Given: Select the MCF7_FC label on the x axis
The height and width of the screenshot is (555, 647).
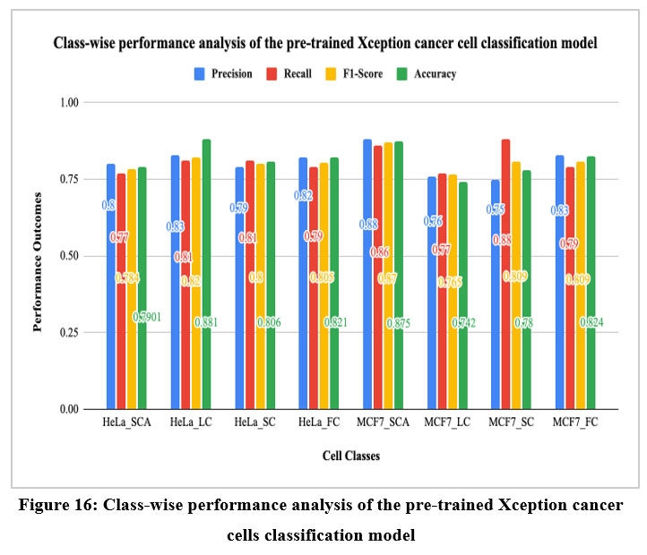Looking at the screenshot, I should [575, 422].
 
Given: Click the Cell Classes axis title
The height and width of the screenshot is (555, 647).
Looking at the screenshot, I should [350, 456].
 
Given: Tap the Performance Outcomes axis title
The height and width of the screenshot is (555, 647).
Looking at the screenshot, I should [39, 256].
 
